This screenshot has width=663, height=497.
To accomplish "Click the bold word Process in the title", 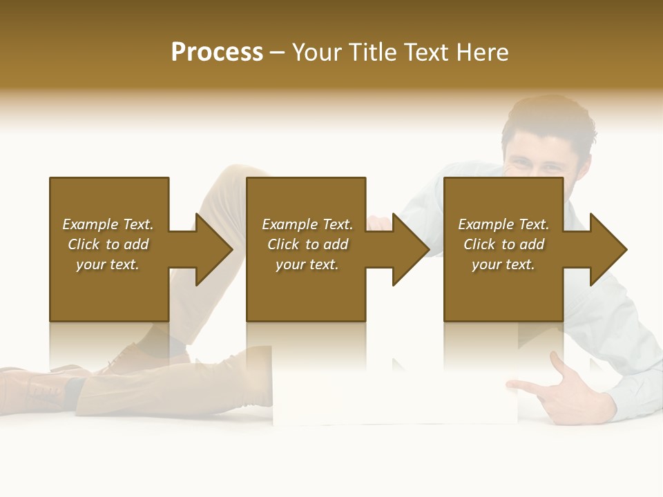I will (217, 52).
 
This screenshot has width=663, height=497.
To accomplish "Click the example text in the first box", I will (108, 244).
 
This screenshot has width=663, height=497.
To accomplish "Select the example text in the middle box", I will (307, 244).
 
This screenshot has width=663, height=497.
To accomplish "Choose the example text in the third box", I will (503, 244).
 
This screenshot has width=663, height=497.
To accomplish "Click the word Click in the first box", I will (84, 244).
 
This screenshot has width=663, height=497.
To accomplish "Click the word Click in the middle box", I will (284, 244).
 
